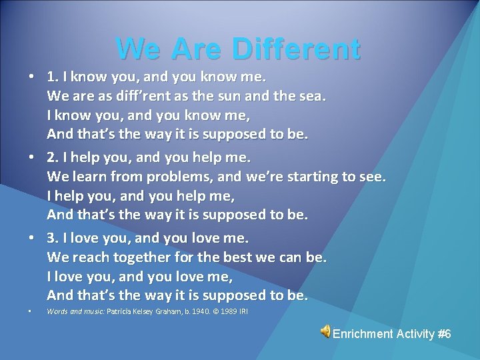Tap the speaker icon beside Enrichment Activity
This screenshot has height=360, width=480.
coord(325,332)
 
